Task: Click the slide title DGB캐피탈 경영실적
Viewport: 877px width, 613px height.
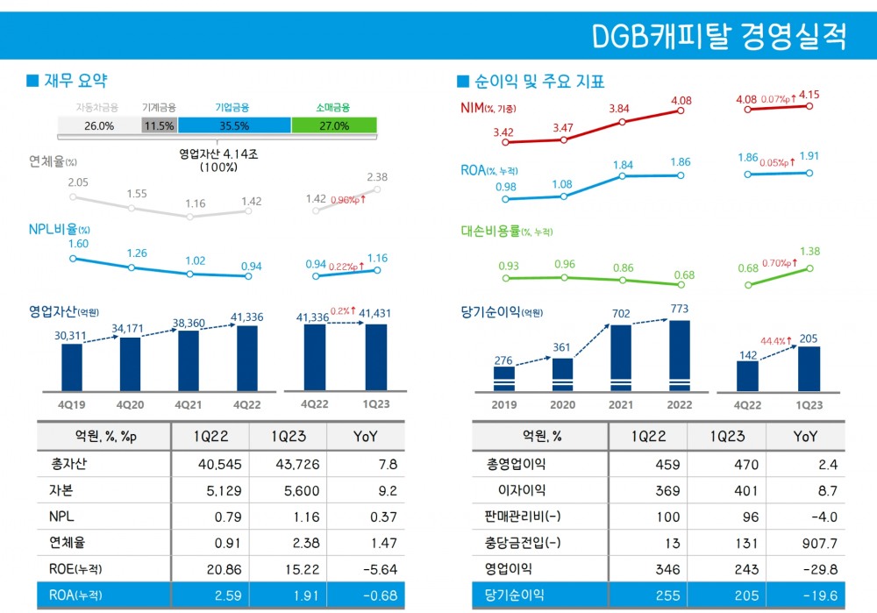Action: click(x=719, y=37)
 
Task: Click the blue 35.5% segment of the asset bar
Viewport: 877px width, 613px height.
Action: click(x=234, y=125)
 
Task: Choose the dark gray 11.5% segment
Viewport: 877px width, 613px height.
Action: click(x=160, y=125)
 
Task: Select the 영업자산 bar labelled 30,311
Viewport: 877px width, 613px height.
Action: click(x=71, y=367)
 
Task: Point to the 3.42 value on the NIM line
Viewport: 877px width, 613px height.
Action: click(x=503, y=132)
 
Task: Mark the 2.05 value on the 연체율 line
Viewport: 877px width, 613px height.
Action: click(x=78, y=182)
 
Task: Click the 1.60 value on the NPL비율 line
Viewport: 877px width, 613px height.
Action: click(x=78, y=243)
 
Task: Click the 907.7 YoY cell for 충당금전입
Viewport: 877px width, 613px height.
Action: click(x=805, y=543)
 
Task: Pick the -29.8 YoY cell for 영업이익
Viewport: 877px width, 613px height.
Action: click(x=805, y=569)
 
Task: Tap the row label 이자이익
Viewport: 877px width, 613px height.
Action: click(x=520, y=490)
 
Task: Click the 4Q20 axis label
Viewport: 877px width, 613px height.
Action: click(x=130, y=405)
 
